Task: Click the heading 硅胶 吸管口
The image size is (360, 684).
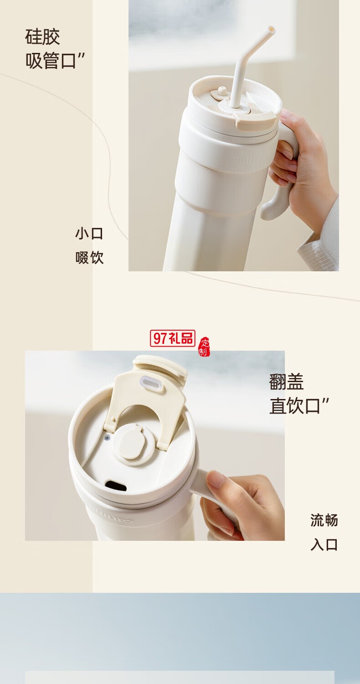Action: tap(55, 49)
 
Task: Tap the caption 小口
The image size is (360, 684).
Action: tap(89, 233)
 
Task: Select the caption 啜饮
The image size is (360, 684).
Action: tap(89, 258)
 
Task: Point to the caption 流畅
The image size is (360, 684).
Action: tap(324, 520)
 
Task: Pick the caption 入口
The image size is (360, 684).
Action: tap(324, 544)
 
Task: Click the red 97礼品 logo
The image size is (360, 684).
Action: tap(172, 338)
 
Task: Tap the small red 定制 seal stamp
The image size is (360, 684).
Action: tap(204, 347)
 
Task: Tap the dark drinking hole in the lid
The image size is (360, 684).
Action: tap(116, 485)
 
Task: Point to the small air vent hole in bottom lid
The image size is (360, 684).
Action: tap(107, 437)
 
